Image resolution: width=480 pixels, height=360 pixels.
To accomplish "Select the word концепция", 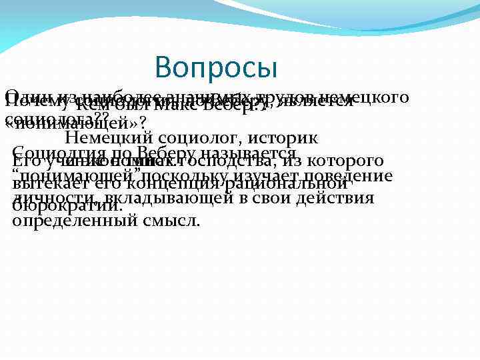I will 177,185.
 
